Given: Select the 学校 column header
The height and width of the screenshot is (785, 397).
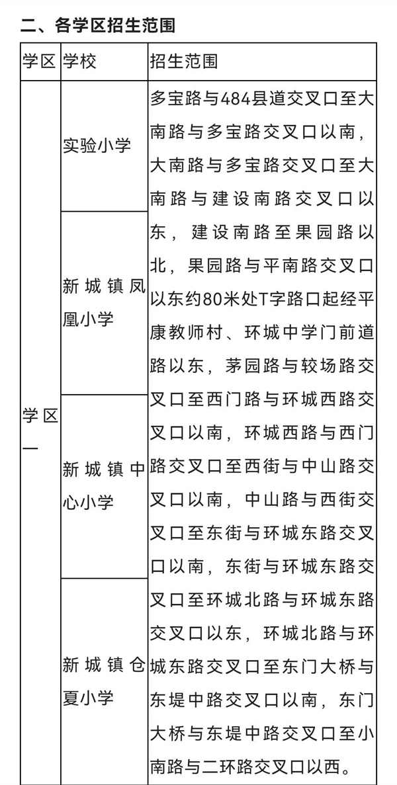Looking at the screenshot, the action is pos(79,61).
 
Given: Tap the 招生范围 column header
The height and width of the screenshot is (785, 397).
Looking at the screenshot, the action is pos(184,61).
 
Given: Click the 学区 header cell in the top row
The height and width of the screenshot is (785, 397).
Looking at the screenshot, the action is pos(40,61).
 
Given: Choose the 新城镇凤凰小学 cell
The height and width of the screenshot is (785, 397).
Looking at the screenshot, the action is pos(104,302).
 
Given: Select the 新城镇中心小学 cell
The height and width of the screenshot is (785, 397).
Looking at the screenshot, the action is pos(104,485).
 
